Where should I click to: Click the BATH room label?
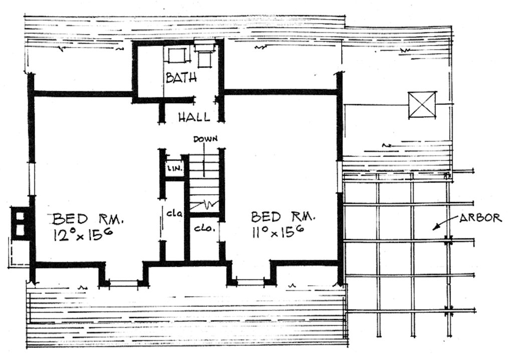click(x=181, y=78)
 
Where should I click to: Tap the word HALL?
click(x=194, y=117)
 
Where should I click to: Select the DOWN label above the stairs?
click(x=205, y=139)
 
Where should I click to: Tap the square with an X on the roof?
click(x=422, y=105)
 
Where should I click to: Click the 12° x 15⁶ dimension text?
click(x=82, y=235)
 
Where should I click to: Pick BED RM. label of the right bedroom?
click(x=283, y=217)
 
